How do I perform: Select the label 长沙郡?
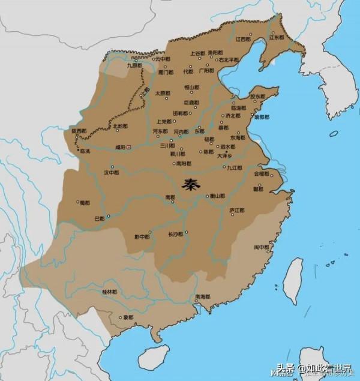[175, 234]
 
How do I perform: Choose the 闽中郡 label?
[260, 247]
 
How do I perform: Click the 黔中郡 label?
[142, 236]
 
